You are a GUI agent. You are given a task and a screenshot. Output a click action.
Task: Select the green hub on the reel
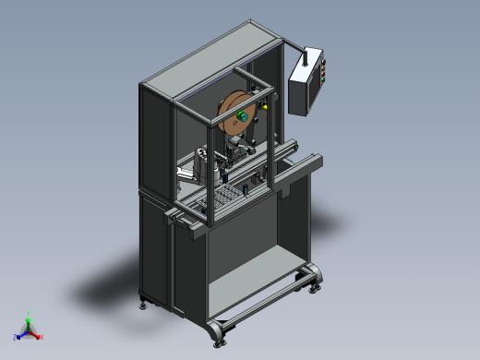[x=242, y=115]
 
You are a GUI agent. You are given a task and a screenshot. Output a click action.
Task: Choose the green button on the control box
[x=324, y=79]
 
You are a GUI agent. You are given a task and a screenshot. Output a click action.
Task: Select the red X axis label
[x=42, y=337]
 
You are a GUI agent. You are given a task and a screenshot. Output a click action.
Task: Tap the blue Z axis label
[x=16, y=337]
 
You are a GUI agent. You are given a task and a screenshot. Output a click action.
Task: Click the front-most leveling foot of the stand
[x=218, y=341]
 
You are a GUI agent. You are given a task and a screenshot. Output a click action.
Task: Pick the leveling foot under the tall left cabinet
[x=142, y=303]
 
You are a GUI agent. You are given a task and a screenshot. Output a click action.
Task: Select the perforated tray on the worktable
[x=224, y=196]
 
